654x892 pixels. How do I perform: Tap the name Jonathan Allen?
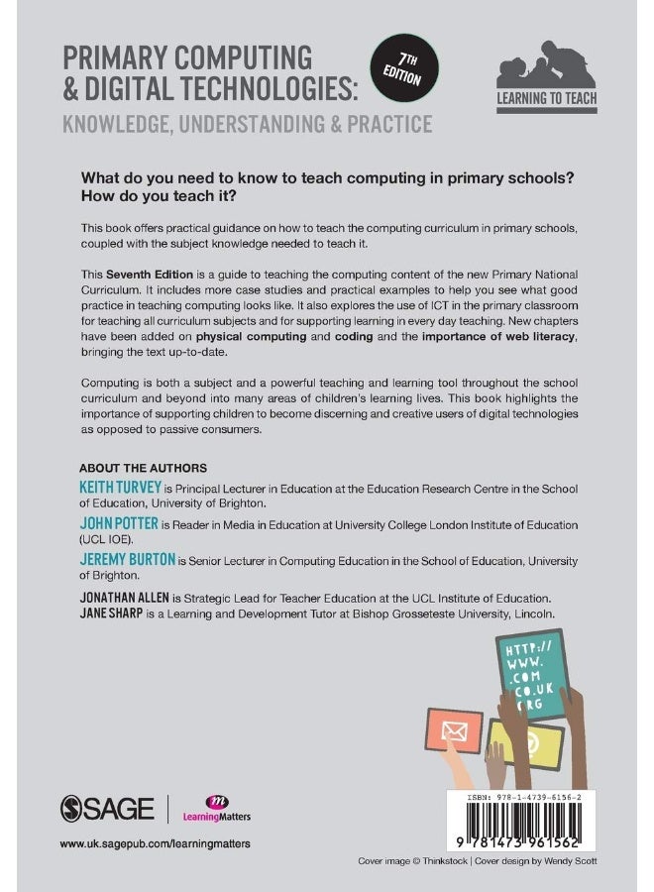point(124,598)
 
